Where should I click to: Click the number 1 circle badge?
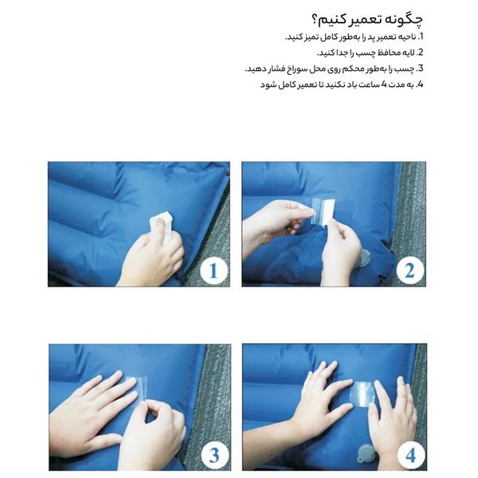tap(212, 272)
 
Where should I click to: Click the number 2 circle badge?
tap(409, 272)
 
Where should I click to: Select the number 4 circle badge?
tap(409, 455)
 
